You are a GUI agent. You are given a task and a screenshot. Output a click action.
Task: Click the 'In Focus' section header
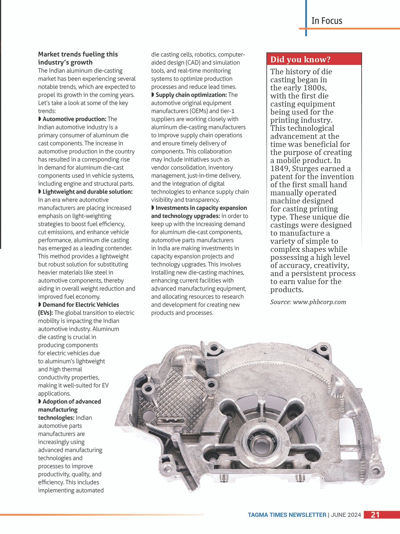point(326,21)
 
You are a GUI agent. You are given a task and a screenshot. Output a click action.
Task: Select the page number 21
point(375,515)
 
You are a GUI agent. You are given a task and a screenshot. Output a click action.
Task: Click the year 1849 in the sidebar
point(280,169)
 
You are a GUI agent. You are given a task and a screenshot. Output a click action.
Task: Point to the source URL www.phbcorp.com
point(319,302)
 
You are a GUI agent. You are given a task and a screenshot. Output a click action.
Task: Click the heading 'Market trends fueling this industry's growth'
point(78,58)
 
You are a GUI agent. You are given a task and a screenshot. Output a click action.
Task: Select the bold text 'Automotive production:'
point(74,119)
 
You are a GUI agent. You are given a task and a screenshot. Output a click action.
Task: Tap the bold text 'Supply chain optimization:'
point(191,95)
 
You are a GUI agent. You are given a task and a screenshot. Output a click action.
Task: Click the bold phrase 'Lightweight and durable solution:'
point(87,192)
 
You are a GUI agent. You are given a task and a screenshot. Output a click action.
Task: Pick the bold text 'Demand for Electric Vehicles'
point(81,305)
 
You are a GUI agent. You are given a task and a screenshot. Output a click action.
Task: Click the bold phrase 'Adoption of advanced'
point(72,402)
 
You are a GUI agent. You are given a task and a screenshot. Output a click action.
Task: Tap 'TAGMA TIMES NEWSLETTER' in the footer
point(287,515)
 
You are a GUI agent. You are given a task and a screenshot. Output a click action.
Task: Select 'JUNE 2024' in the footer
point(346,515)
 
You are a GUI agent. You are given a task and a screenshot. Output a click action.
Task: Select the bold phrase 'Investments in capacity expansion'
point(201,208)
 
